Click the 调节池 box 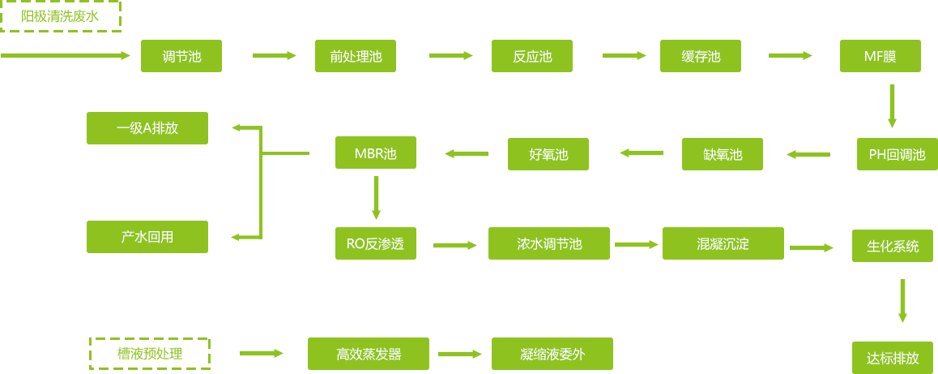tap(181, 56)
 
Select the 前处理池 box tap(356, 56)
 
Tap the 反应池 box tap(532, 56)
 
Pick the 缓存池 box tap(701, 56)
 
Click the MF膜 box tap(880, 56)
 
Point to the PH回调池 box tap(897, 154)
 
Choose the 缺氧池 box tap(723, 154)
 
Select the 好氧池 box tap(548, 154)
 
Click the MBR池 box tap(376, 153)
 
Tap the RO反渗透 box tap(376, 243)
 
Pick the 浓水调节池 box tap(549, 243)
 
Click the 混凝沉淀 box tap(723, 243)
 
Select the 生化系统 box tap(893, 246)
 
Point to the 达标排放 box tap(893, 358)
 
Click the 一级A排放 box tap(147, 128)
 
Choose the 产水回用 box tap(147, 237)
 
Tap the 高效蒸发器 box tap(369, 354)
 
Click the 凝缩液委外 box tap(552, 354)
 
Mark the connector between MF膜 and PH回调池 tap(892, 105)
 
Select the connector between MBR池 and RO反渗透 tap(376, 197)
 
